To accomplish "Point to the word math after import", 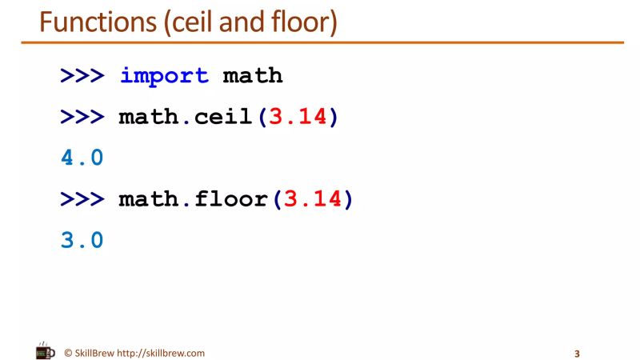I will [253, 77].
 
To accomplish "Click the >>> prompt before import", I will [82, 77].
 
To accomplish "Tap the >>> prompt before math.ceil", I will [82, 118].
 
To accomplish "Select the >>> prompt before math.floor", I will [82, 199].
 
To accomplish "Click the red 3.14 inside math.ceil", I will [298, 118].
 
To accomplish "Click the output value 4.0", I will [82, 158].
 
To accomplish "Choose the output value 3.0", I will [82, 240].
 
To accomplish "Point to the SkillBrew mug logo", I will [46, 351].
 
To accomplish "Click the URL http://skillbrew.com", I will [160, 353].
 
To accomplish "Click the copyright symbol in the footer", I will [69, 353].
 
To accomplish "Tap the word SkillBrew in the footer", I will [95, 353].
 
